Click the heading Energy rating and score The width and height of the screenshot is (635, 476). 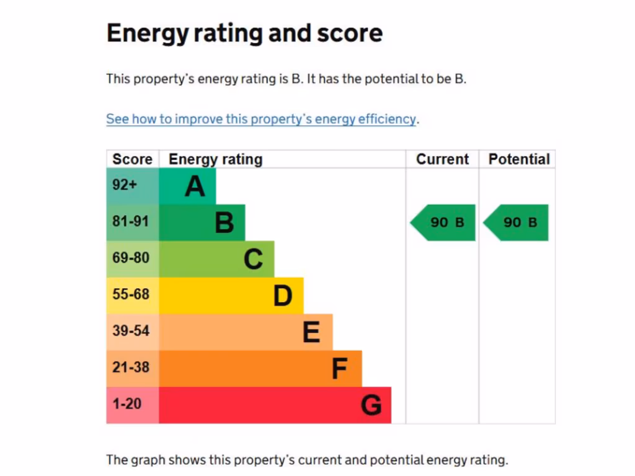(x=244, y=33)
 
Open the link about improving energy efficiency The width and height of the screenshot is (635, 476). (x=260, y=119)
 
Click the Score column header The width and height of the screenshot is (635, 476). (x=132, y=159)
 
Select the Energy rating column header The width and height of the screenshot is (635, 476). (x=215, y=159)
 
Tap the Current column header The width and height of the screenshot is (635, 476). (x=442, y=159)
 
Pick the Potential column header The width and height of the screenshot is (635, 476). (x=519, y=159)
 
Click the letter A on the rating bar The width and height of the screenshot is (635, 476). (x=195, y=186)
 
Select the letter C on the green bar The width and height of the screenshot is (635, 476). (x=253, y=259)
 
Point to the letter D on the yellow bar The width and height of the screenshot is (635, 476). (x=283, y=296)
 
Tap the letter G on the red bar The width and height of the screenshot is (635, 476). (x=371, y=405)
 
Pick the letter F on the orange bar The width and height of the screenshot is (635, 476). (x=339, y=369)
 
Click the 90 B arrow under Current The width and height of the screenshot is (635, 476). (x=444, y=223)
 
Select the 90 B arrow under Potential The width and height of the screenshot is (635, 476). (x=517, y=223)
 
